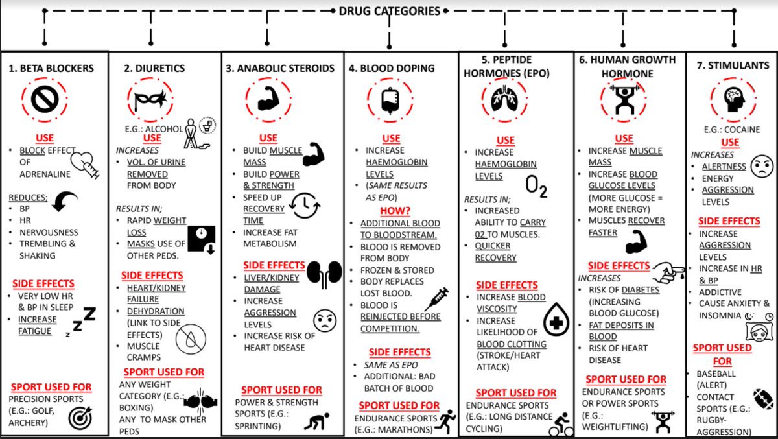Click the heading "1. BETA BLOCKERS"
51,68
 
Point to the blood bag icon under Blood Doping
389,100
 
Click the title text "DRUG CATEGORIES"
390,11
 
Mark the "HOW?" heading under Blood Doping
391,211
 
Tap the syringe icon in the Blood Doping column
436,300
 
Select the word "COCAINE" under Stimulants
740,130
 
